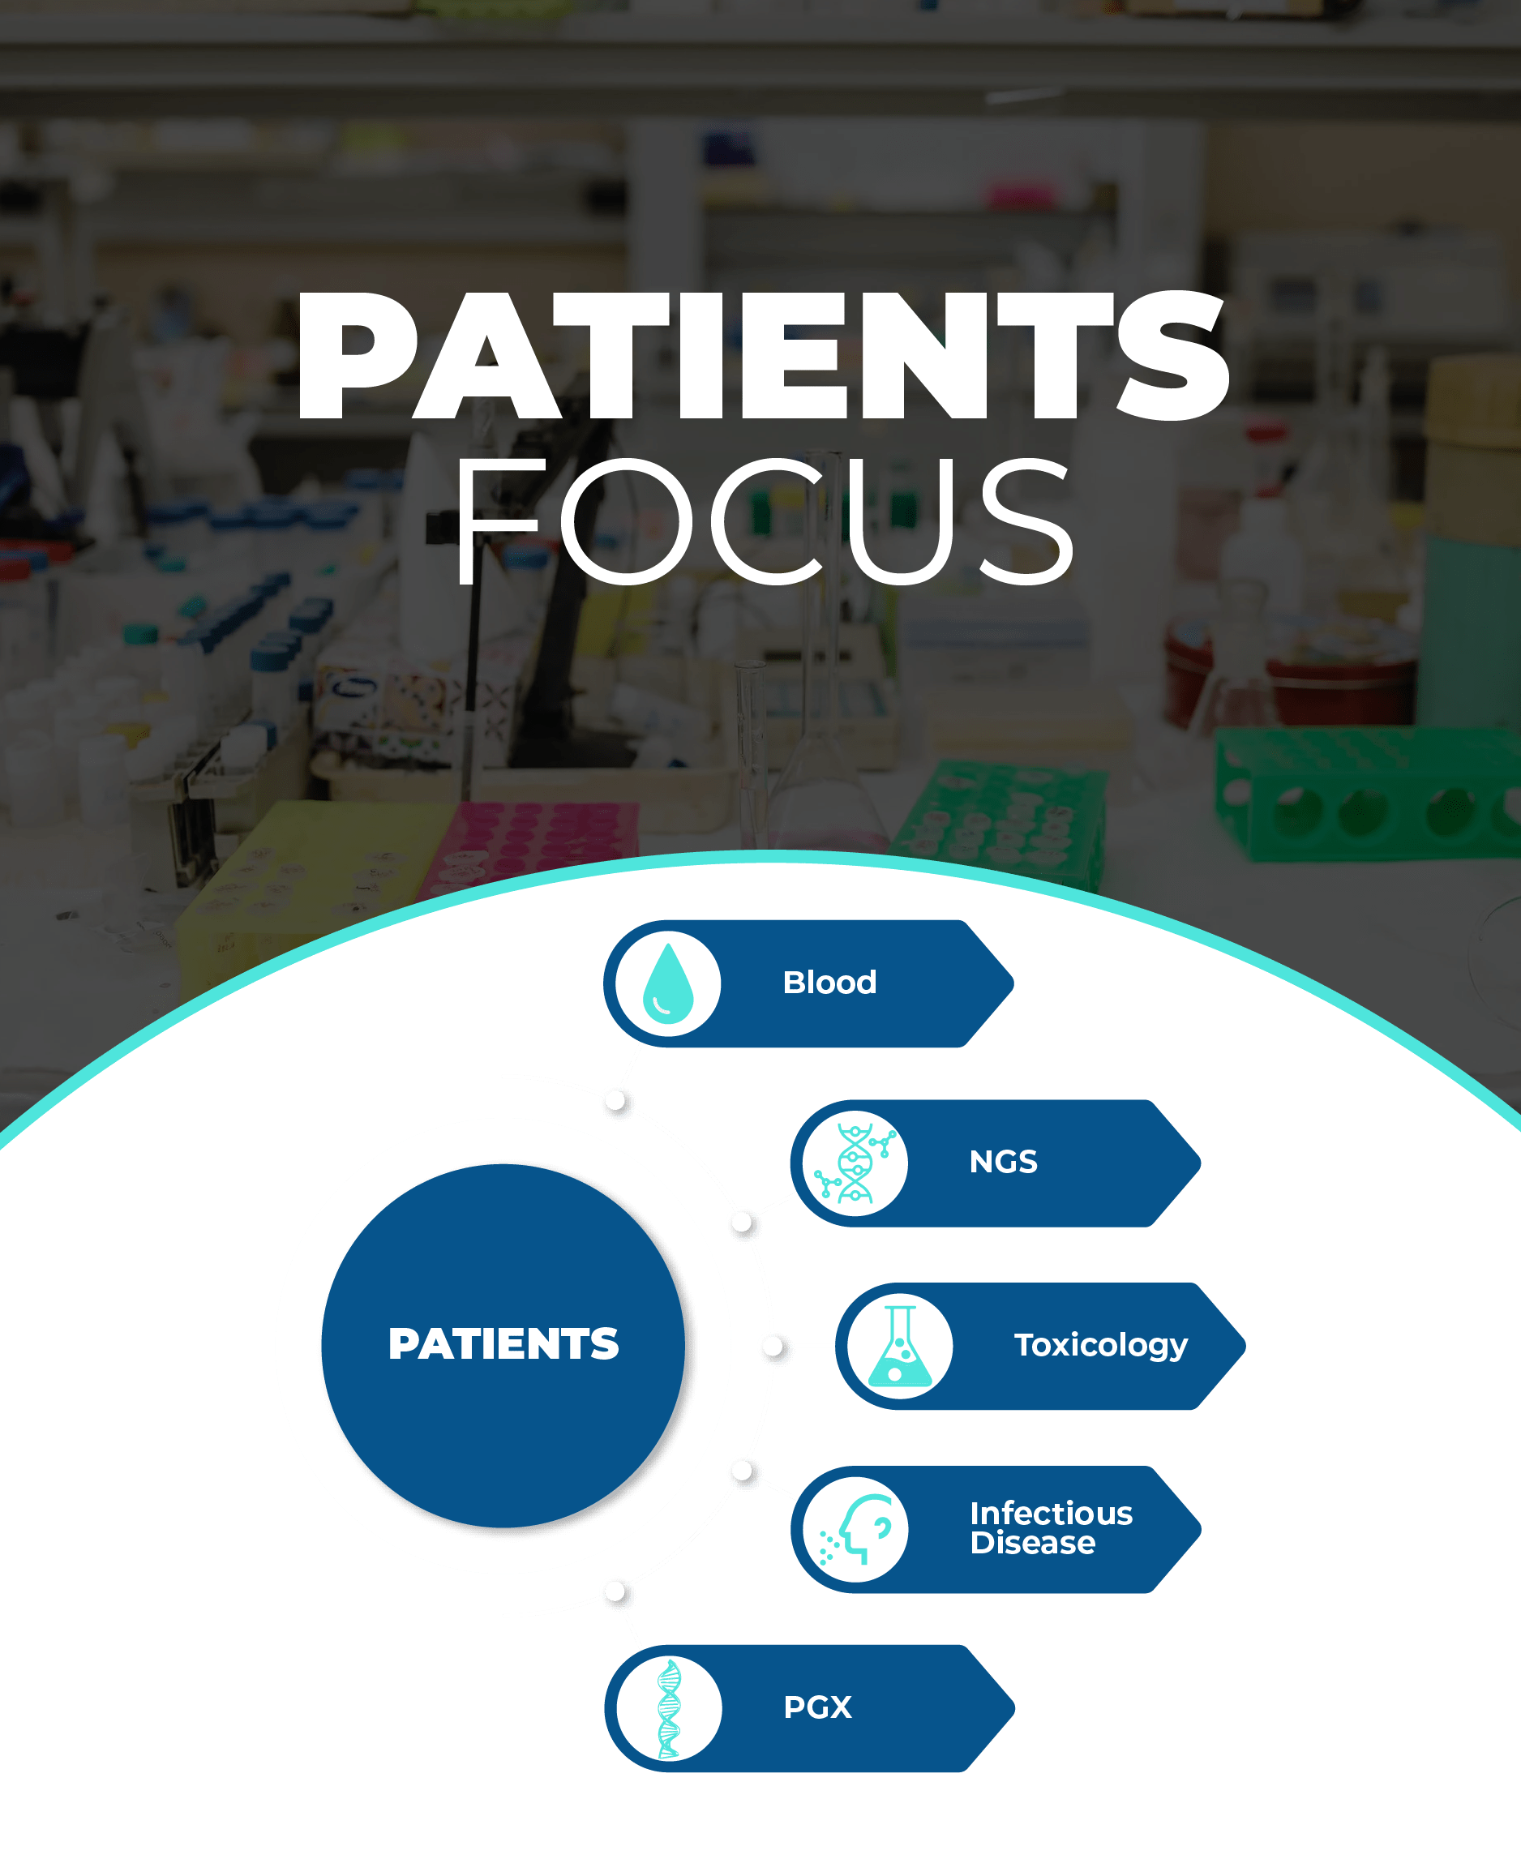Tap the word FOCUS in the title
pos(763,520)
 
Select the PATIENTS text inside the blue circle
pos(503,1344)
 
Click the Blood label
pos(829,982)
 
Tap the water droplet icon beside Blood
pos(667,983)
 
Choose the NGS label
pos(1003,1162)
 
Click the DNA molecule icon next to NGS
pos(855,1163)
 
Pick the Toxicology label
pos(1100,1346)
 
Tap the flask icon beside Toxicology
pos(900,1346)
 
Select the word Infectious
pos(1052,1513)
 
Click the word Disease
pos(1032,1543)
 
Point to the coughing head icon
pos(855,1529)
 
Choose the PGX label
pos(817,1707)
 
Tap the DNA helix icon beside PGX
pos(669,1708)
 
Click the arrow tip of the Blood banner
pos(1013,983)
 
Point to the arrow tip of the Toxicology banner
pos(1245,1346)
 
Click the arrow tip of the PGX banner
pos(1014,1708)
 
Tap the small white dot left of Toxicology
pos(773,1346)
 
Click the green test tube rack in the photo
pos(1367,793)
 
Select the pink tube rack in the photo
pos(534,846)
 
